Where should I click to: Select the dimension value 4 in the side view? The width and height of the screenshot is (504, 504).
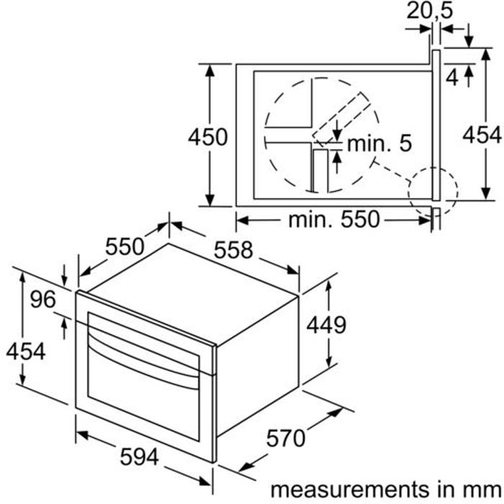click(x=452, y=78)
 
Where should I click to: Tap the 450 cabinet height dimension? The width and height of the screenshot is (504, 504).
click(x=207, y=137)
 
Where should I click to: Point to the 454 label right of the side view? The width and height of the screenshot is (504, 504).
click(x=482, y=135)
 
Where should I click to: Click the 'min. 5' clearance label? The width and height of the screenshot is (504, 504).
click(x=379, y=143)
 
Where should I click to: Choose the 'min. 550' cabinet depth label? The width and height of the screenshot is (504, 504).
click(x=334, y=220)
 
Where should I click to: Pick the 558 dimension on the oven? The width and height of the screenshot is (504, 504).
click(x=233, y=250)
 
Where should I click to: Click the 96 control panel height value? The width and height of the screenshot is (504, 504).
click(x=43, y=300)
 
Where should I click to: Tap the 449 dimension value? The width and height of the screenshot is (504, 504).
click(x=326, y=325)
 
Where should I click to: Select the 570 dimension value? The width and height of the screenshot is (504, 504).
click(x=286, y=438)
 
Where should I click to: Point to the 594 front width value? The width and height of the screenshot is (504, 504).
click(x=139, y=456)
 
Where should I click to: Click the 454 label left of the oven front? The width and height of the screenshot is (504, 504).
click(x=26, y=351)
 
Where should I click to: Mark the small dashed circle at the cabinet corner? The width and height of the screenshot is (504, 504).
click(x=433, y=192)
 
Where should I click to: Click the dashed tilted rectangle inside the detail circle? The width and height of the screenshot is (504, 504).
click(x=342, y=118)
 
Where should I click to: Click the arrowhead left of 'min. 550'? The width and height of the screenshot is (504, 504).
click(x=243, y=220)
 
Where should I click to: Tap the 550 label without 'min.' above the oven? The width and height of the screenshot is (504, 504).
click(x=125, y=246)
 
